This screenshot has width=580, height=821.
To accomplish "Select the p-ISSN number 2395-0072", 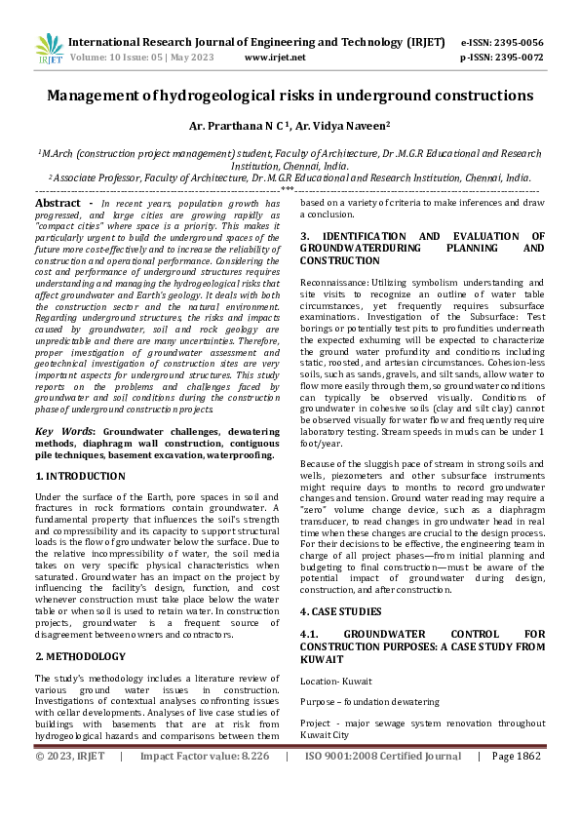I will pyautogui.click(x=518, y=58).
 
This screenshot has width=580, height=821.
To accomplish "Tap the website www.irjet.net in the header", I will pyautogui.click(x=275, y=58).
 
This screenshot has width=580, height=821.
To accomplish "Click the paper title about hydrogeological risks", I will pyautogui.click(x=290, y=96).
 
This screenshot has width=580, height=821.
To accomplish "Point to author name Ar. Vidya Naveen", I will pyautogui.click(x=323, y=126).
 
